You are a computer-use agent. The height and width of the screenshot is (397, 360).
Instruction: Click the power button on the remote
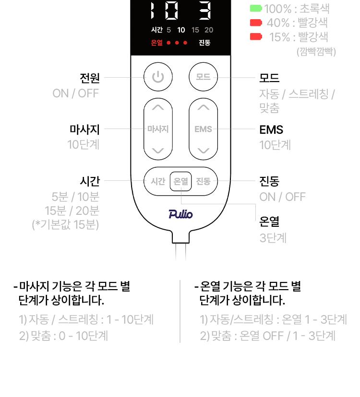158,77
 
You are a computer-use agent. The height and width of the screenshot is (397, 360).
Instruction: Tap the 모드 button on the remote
203,77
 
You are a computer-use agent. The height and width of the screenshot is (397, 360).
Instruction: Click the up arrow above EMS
204,107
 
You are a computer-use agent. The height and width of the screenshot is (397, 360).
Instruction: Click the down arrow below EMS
204,151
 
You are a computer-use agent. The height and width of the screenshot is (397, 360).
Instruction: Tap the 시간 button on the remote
158,181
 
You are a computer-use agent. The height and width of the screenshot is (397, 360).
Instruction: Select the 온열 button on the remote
181,181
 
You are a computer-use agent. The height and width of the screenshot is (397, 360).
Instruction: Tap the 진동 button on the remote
204,181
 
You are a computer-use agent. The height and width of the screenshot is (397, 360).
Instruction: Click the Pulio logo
180,214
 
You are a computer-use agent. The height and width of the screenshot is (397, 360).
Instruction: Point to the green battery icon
256,8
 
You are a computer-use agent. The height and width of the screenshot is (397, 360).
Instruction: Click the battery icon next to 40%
256,23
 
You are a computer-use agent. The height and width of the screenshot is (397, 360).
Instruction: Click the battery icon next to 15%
256,36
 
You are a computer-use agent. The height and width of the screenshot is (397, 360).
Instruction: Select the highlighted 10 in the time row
181,30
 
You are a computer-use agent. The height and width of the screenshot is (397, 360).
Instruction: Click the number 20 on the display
209,30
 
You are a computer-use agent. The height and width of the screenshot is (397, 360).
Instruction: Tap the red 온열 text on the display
156,43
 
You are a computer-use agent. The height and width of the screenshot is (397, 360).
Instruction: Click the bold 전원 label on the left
89,77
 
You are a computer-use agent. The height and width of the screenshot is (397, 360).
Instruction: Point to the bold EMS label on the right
271,129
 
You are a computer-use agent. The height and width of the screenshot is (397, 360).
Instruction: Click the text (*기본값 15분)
65,224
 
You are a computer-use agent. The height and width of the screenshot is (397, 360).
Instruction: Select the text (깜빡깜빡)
316,51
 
